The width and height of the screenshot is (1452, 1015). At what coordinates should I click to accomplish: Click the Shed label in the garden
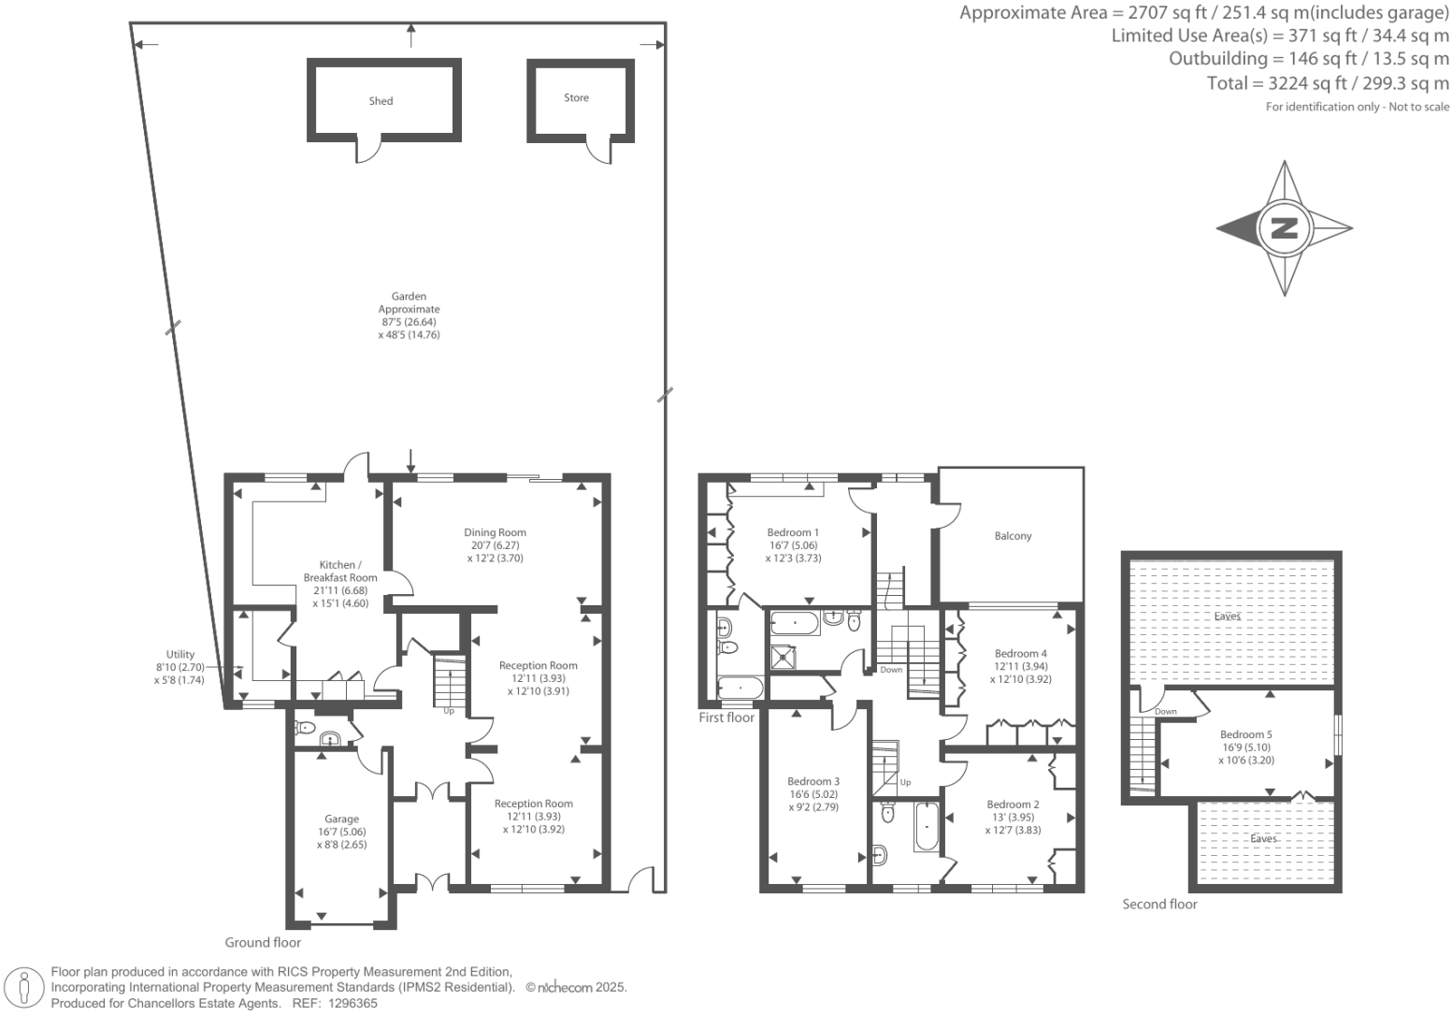click(x=381, y=101)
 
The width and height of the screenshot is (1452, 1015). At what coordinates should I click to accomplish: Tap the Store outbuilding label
click(x=576, y=97)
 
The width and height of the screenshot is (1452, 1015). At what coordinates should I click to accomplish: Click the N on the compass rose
click(x=1284, y=227)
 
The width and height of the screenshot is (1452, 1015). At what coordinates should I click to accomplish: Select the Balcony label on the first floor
click(x=1013, y=536)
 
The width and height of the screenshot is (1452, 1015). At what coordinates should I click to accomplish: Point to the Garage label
click(x=341, y=819)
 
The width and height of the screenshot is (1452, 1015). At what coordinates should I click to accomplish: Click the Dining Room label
click(x=496, y=532)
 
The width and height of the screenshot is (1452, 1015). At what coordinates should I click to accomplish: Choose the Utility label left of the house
click(x=180, y=654)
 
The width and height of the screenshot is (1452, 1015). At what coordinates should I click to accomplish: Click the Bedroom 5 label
click(x=1245, y=734)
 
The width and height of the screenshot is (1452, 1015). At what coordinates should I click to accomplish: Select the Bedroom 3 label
click(x=812, y=781)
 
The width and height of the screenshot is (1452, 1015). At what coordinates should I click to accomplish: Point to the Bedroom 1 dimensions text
click(x=793, y=551)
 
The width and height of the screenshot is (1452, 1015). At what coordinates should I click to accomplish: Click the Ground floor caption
click(x=263, y=942)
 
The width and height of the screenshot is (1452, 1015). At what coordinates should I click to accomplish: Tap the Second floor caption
click(x=1159, y=904)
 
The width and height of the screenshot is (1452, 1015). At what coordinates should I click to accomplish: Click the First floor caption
click(x=726, y=718)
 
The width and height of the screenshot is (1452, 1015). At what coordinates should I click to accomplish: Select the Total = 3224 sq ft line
click(x=1328, y=83)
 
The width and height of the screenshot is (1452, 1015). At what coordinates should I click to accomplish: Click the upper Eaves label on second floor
click(x=1227, y=616)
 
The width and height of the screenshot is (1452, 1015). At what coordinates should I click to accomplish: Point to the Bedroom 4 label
click(x=1020, y=653)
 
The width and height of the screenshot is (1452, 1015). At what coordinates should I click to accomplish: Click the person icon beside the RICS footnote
click(x=25, y=988)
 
